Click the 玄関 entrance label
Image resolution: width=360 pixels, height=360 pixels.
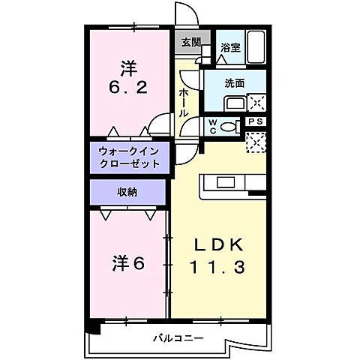coord(190,43)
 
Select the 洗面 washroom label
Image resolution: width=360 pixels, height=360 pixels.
coord(235,82)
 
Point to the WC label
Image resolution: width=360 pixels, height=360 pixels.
coord(212,124)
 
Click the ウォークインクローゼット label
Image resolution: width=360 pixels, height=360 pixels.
coord(129,157)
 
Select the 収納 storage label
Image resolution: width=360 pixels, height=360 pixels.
coord(127,191)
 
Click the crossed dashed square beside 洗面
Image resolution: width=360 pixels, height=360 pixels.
coord(256,103)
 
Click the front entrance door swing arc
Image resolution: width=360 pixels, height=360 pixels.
coord(185,13)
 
